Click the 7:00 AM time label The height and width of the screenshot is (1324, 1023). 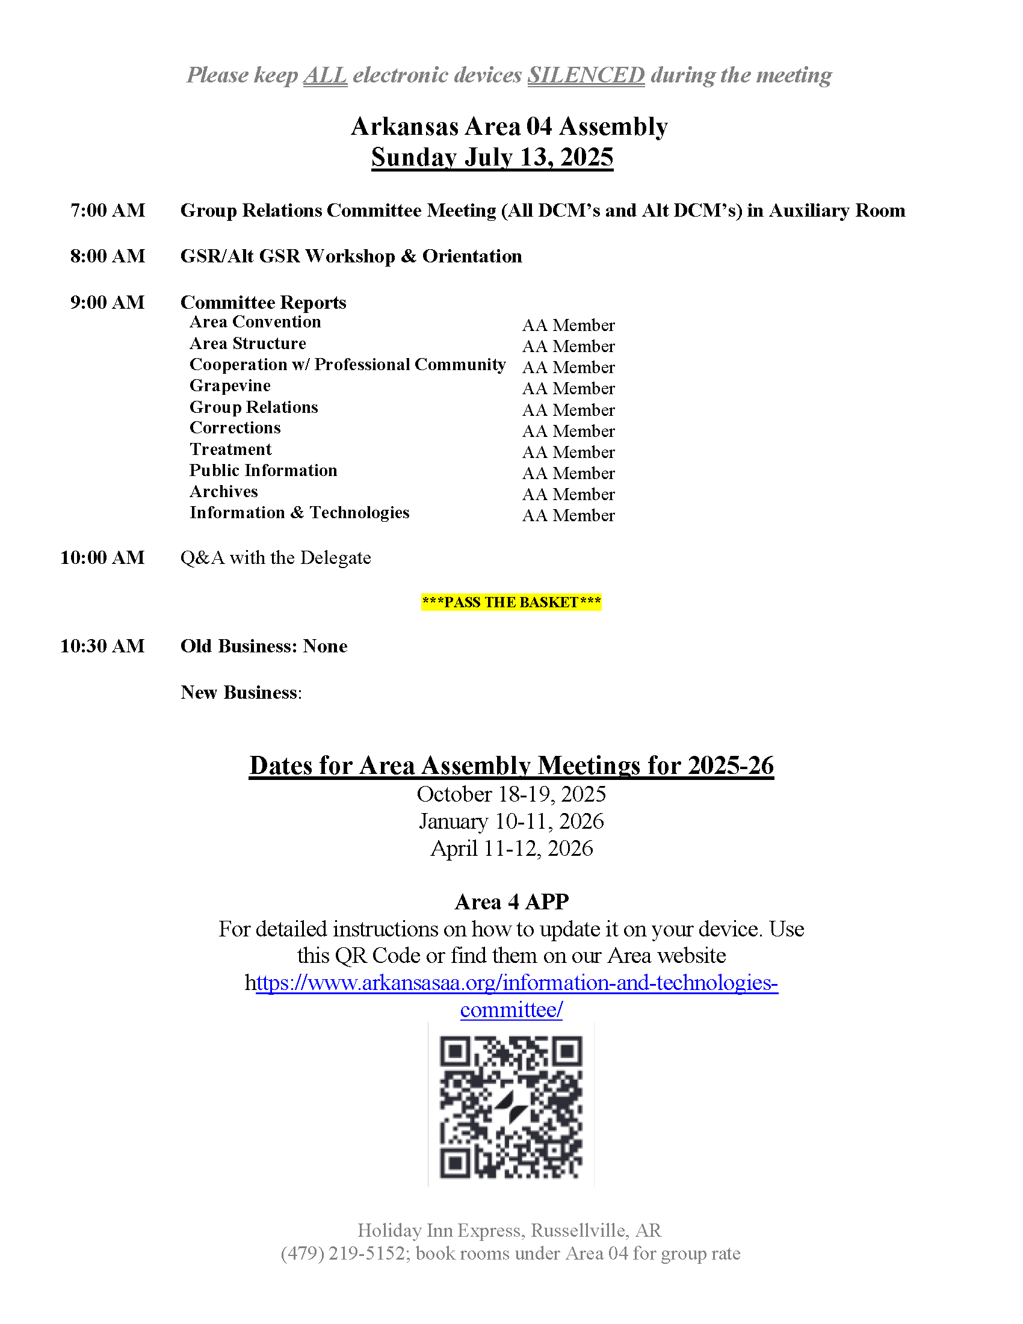[107, 211]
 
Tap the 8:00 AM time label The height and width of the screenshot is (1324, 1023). [107, 256]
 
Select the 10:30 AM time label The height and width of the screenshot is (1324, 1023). [102, 646]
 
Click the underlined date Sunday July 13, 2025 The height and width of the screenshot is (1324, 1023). [492, 157]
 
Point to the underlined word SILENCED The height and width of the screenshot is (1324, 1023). [586, 75]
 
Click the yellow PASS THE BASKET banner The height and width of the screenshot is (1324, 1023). [512, 602]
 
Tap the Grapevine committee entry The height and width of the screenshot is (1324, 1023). [230, 386]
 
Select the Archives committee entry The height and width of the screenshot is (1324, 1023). [224, 491]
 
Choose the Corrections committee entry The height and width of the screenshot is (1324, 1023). [235, 428]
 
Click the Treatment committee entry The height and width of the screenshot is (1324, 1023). [230, 449]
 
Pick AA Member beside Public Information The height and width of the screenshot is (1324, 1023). [569, 474]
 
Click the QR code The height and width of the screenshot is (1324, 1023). [511, 1106]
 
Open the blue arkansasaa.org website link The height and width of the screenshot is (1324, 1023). [516, 983]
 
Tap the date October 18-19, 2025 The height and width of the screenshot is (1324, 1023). [511, 794]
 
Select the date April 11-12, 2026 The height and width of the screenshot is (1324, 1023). [511, 848]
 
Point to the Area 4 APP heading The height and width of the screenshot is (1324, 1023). [512, 902]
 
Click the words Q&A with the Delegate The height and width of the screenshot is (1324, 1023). [276, 558]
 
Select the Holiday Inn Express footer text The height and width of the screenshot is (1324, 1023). [509, 1230]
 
